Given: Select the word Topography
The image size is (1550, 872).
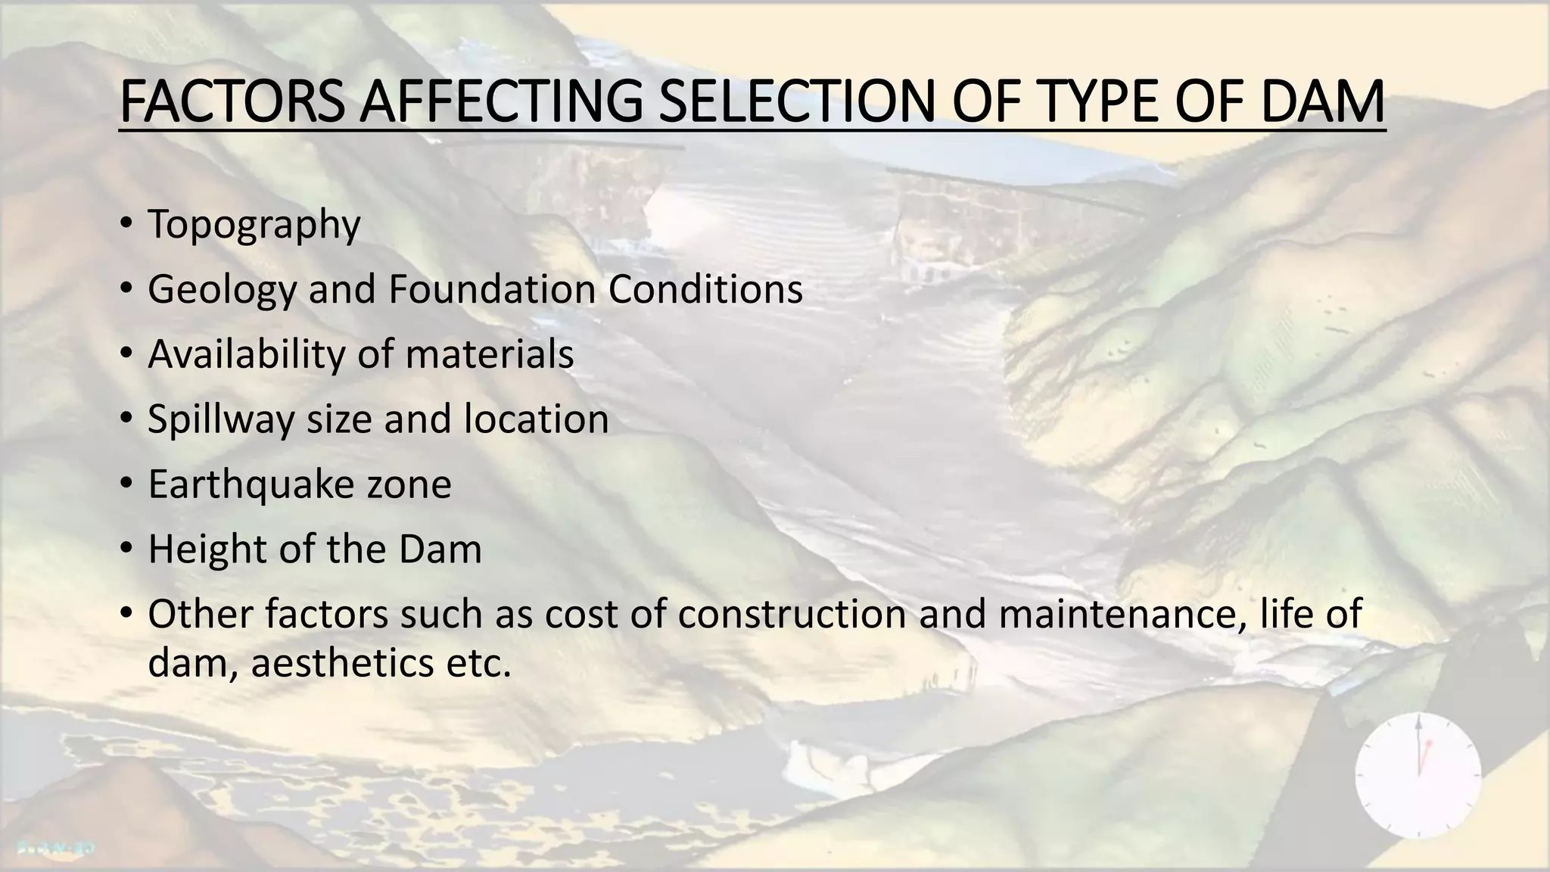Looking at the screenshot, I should [254, 226].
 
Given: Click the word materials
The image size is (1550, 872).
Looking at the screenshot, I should [490, 354].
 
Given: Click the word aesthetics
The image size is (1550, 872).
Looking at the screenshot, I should [344, 664].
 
